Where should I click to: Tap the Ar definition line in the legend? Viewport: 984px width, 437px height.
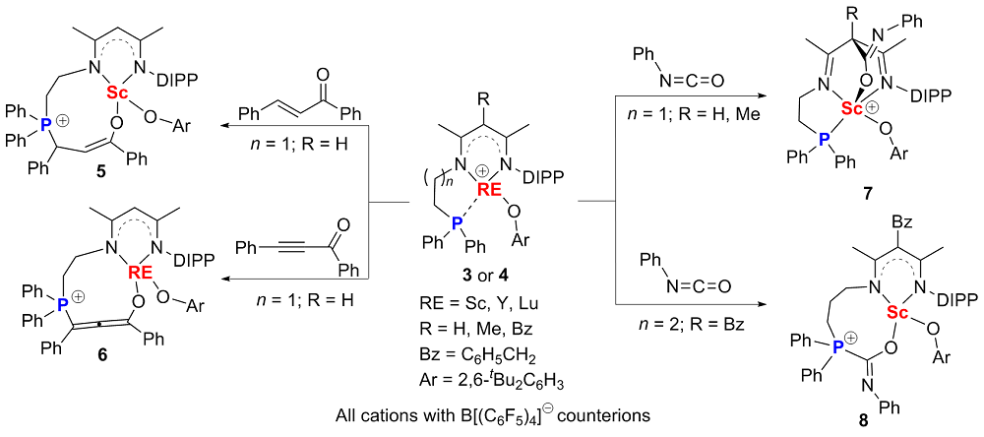coord(483,359)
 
